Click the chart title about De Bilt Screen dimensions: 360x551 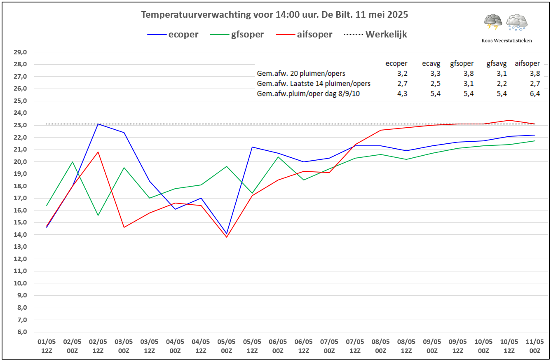pos(274,15)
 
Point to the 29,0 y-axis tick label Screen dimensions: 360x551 pos(20,52)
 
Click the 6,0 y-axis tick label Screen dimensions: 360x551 pos(20,332)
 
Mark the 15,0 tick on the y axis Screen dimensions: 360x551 pos(20,222)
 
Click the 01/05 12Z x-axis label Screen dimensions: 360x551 pos(47,346)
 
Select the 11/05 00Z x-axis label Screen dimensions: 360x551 pos(535,346)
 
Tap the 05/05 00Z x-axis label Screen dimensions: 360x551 pos(226,346)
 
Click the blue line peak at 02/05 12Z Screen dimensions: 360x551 pos(98,124)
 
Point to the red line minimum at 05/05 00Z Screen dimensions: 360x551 pos(226,237)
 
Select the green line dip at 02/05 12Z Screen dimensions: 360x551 pos(98,215)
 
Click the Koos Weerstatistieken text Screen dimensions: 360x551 pos(506,40)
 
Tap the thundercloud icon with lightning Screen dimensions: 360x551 pos(492,22)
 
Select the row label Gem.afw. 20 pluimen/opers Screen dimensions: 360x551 pos(301,73)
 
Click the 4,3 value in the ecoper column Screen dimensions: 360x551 pos(402,94)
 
